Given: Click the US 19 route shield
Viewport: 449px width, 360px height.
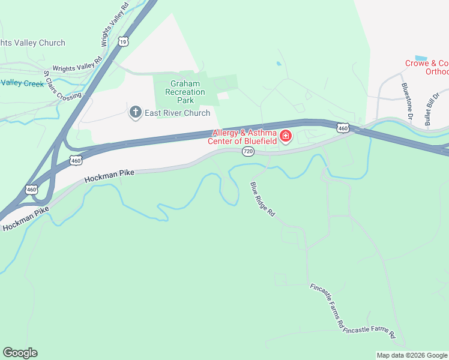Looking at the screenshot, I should (x=122, y=41).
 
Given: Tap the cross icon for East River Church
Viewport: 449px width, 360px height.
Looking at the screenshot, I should (x=136, y=112).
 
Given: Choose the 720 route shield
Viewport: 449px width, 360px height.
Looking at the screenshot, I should (x=249, y=152).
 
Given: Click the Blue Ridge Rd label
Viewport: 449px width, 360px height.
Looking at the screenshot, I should (x=262, y=199).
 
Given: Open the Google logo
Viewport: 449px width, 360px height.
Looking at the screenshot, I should (x=20, y=353).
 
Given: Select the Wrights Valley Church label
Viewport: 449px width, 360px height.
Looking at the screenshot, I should (x=32, y=43).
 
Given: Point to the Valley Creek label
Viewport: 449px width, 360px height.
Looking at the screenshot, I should (x=22, y=83).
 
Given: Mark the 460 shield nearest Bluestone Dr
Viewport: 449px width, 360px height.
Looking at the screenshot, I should (x=343, y=128).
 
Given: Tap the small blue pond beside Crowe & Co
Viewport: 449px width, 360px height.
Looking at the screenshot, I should (x=421, y=58).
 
